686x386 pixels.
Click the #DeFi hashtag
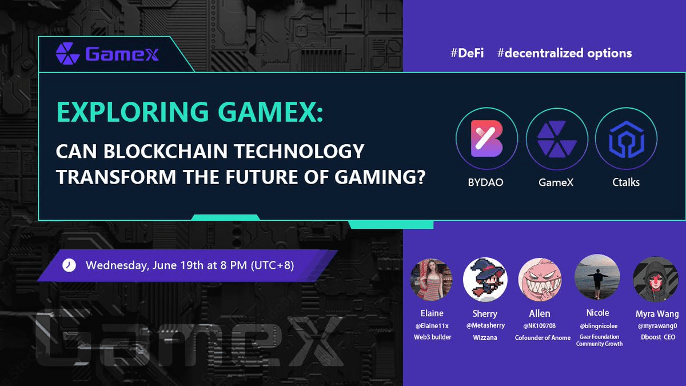click(x=467, y=53)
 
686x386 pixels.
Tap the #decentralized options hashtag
click(x=564, y=53)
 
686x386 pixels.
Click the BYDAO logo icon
click(x=487, y=138)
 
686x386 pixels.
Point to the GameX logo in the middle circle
click(x=557, y=139)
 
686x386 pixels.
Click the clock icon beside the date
click(x=69, y=265)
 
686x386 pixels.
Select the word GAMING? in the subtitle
click(x=380, y=177)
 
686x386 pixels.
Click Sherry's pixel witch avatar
click(x=485, y=280)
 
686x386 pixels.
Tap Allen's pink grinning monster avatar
click(x=540, y=280)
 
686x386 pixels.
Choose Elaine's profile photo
click(x=431, y=280)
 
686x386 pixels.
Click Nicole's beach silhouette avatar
click(x=597, y=277)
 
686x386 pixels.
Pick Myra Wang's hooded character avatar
click(x=656, y=279)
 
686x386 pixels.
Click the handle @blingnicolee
click(x=599, y=326)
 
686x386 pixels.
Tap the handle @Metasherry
click(x=485, y=325)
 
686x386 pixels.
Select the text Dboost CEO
click(x=658, y=337)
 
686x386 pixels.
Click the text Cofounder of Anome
click(x=543, y=337)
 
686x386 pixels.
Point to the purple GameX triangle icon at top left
click(x=67, y=54)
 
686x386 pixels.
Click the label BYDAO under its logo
click(x=486, y=182)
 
